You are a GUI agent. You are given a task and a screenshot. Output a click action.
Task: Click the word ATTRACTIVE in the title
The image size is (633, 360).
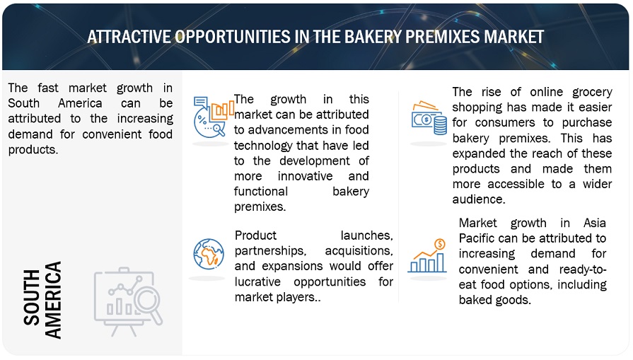129,37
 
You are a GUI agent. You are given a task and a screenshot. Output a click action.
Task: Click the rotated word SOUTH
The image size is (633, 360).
32,298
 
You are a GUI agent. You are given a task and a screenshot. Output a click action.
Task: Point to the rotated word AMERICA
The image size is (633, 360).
53,300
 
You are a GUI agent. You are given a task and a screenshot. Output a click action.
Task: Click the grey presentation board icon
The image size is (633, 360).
129,301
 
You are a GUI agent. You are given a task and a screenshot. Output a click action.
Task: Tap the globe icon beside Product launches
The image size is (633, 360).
209,254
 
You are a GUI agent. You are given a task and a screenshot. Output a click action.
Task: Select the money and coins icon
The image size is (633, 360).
429,118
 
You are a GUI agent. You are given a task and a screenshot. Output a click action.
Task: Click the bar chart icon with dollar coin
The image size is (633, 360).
427,256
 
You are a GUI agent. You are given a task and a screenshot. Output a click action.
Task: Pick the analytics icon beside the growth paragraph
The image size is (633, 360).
213,117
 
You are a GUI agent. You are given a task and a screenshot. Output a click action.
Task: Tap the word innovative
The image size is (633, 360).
306,176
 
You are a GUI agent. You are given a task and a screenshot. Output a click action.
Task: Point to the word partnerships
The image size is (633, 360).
270,251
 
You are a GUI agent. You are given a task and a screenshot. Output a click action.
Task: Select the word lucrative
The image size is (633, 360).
257,281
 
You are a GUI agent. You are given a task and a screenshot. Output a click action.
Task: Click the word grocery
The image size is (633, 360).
592,93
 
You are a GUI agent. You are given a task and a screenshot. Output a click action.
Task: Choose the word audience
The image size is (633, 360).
479,199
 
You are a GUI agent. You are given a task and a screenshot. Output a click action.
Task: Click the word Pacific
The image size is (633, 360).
477,238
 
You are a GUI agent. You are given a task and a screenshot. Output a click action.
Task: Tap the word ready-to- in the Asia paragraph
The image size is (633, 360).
583,269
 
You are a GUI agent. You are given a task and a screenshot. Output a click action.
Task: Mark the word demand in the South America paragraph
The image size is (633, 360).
30,134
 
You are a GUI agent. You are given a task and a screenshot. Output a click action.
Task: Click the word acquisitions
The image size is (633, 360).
359,251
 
